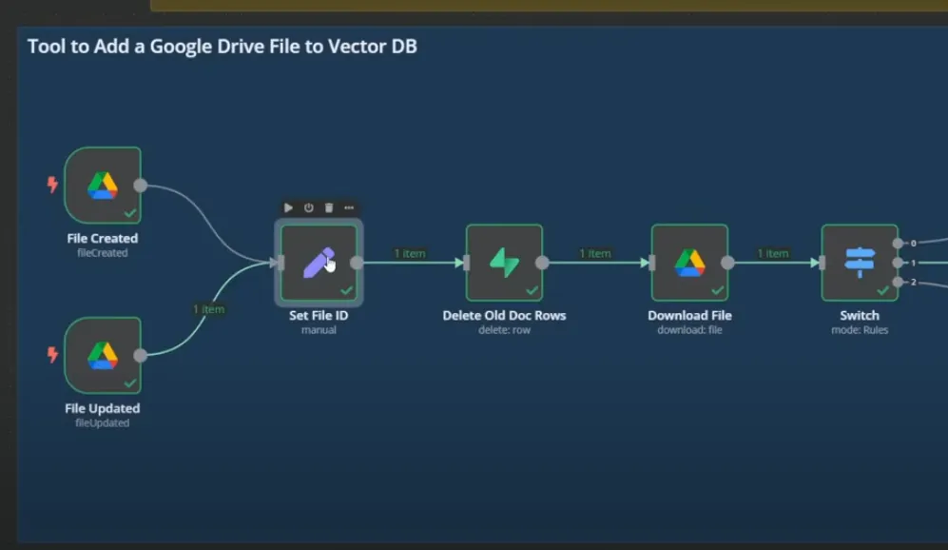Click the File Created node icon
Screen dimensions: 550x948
tap(103, 185)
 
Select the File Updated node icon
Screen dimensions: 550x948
tap(103, 355)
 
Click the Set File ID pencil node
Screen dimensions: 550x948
tap(319, 263)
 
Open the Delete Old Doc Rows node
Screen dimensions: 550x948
tap(504, 263)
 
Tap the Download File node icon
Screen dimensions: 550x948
tap(689, 263)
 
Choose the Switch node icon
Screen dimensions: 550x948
tap(860, 263)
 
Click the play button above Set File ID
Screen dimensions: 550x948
tap(289, 207)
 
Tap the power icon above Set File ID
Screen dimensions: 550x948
tap(309, 207)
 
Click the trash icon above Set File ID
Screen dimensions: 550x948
tap(329, 207)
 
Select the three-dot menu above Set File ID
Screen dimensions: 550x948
tap(349, 207)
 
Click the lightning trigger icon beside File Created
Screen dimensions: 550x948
tap(53, 185)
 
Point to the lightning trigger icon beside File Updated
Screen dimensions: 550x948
tap(53, 355)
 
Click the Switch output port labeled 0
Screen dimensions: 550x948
tap(898, 243)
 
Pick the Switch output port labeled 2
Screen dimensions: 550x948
tap(898, 282)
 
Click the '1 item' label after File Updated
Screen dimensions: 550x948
tap(208, 309)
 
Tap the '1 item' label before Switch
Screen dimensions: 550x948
tap(773, 253)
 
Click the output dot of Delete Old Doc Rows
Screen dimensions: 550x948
tap(542, 263)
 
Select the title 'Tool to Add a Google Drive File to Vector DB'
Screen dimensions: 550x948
tap(222, 46)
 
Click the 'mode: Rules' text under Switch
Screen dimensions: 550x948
tap(860, 330)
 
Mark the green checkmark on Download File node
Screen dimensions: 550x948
tap(717, 290)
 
